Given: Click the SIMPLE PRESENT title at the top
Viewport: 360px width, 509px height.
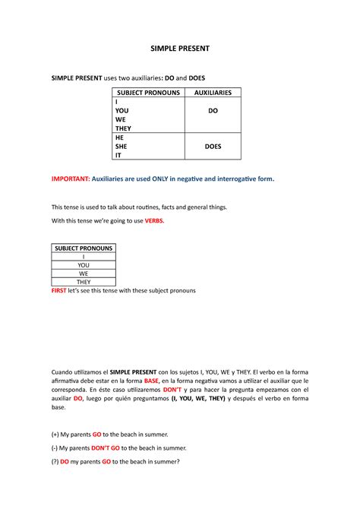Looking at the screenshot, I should [179, 48].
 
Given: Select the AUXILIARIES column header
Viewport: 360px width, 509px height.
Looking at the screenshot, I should [213, 93].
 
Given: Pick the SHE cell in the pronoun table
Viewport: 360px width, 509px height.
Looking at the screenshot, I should [119, 147].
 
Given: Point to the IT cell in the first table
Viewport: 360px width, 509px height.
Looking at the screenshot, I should [118, 156].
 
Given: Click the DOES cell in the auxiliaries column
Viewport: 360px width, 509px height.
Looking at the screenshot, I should [213, 147].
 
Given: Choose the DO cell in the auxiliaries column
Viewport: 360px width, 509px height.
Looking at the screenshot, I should [213, 111].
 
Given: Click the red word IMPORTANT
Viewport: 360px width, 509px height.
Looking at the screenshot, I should [69, 179].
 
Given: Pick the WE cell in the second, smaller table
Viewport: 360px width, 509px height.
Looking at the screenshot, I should [84, 274].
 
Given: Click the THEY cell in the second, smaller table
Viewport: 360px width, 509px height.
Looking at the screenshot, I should [84, 283].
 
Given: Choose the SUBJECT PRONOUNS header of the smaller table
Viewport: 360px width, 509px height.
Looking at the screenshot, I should [84, 248].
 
